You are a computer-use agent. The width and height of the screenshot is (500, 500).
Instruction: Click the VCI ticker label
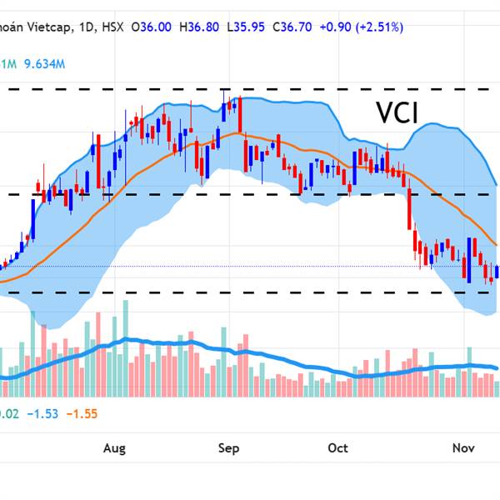pyautogui.click(x=396, y=112)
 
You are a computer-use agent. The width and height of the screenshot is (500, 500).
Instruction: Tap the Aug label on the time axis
pyautogui.click(x=114, y=448)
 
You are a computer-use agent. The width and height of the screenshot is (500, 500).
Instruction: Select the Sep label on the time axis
pyautogui.click(x=229, y=448)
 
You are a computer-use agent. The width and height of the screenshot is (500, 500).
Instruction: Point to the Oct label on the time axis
pyautogui.click(x=337, y=448)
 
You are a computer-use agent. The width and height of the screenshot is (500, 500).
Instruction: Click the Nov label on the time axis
pyautogui.click(x=464, y=448)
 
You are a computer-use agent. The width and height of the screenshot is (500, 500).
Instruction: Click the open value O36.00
pyautogui.click(x=152, y=27)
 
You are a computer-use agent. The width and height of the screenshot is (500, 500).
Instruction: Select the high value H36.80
pyautogui.click(x=201, y=27)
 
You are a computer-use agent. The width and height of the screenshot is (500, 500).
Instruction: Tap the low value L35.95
pyautogui.click(x=249, y=27)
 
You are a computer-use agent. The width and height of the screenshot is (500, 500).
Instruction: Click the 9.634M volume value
pyautogui.click(x=44, y=63)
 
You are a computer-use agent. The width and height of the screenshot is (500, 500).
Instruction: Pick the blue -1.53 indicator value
pyautogui.click(x=42, y=413)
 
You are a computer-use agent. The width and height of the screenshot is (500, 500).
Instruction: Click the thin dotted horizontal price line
pyautogui.click(x=250, y=266)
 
